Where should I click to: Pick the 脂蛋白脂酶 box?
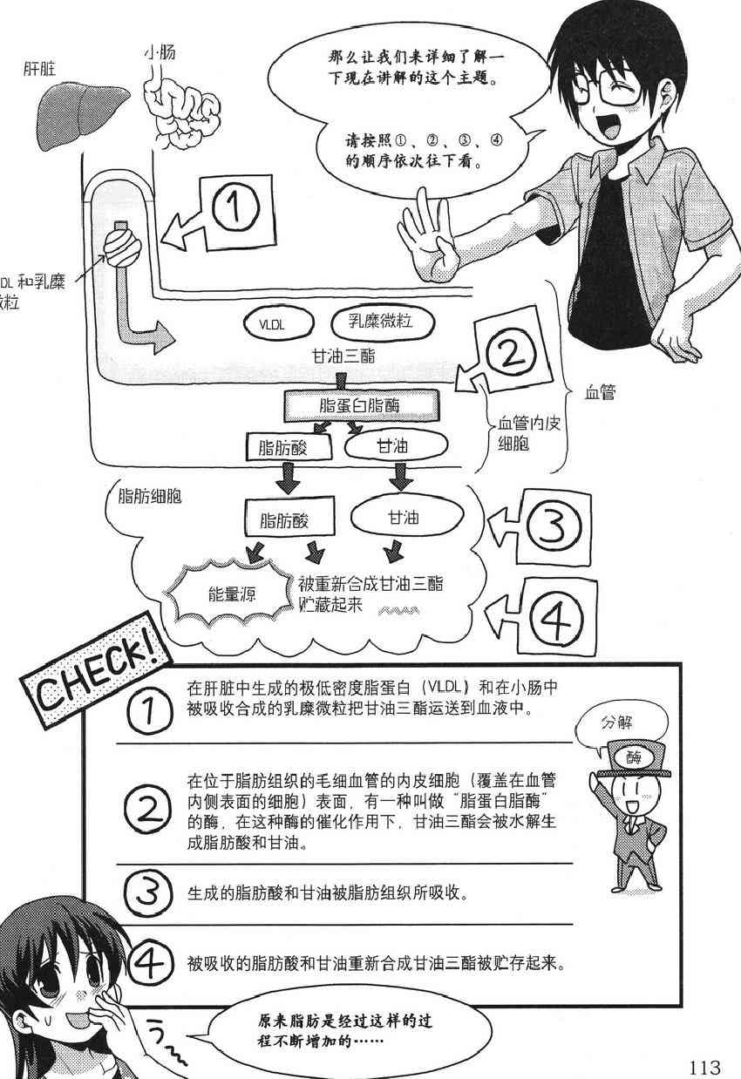(360, 404)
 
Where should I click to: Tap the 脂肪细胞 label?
(148, 498)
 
